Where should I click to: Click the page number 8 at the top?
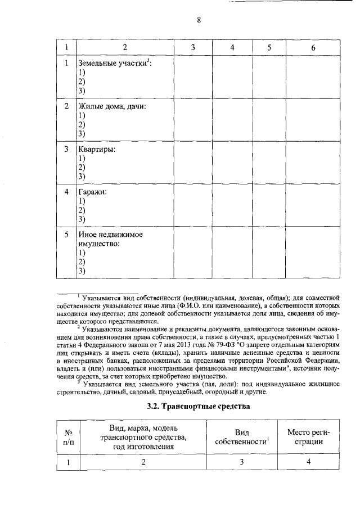(199, 20)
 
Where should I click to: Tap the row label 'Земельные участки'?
(114, 64)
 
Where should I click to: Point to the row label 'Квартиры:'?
(97, 150)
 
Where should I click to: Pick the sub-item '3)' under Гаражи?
(82, 219)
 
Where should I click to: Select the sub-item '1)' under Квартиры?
(82, 159)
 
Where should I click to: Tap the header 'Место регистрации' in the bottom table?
(308, 436)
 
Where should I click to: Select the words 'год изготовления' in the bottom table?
(142, 446)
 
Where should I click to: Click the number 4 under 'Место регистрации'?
(308, 462)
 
